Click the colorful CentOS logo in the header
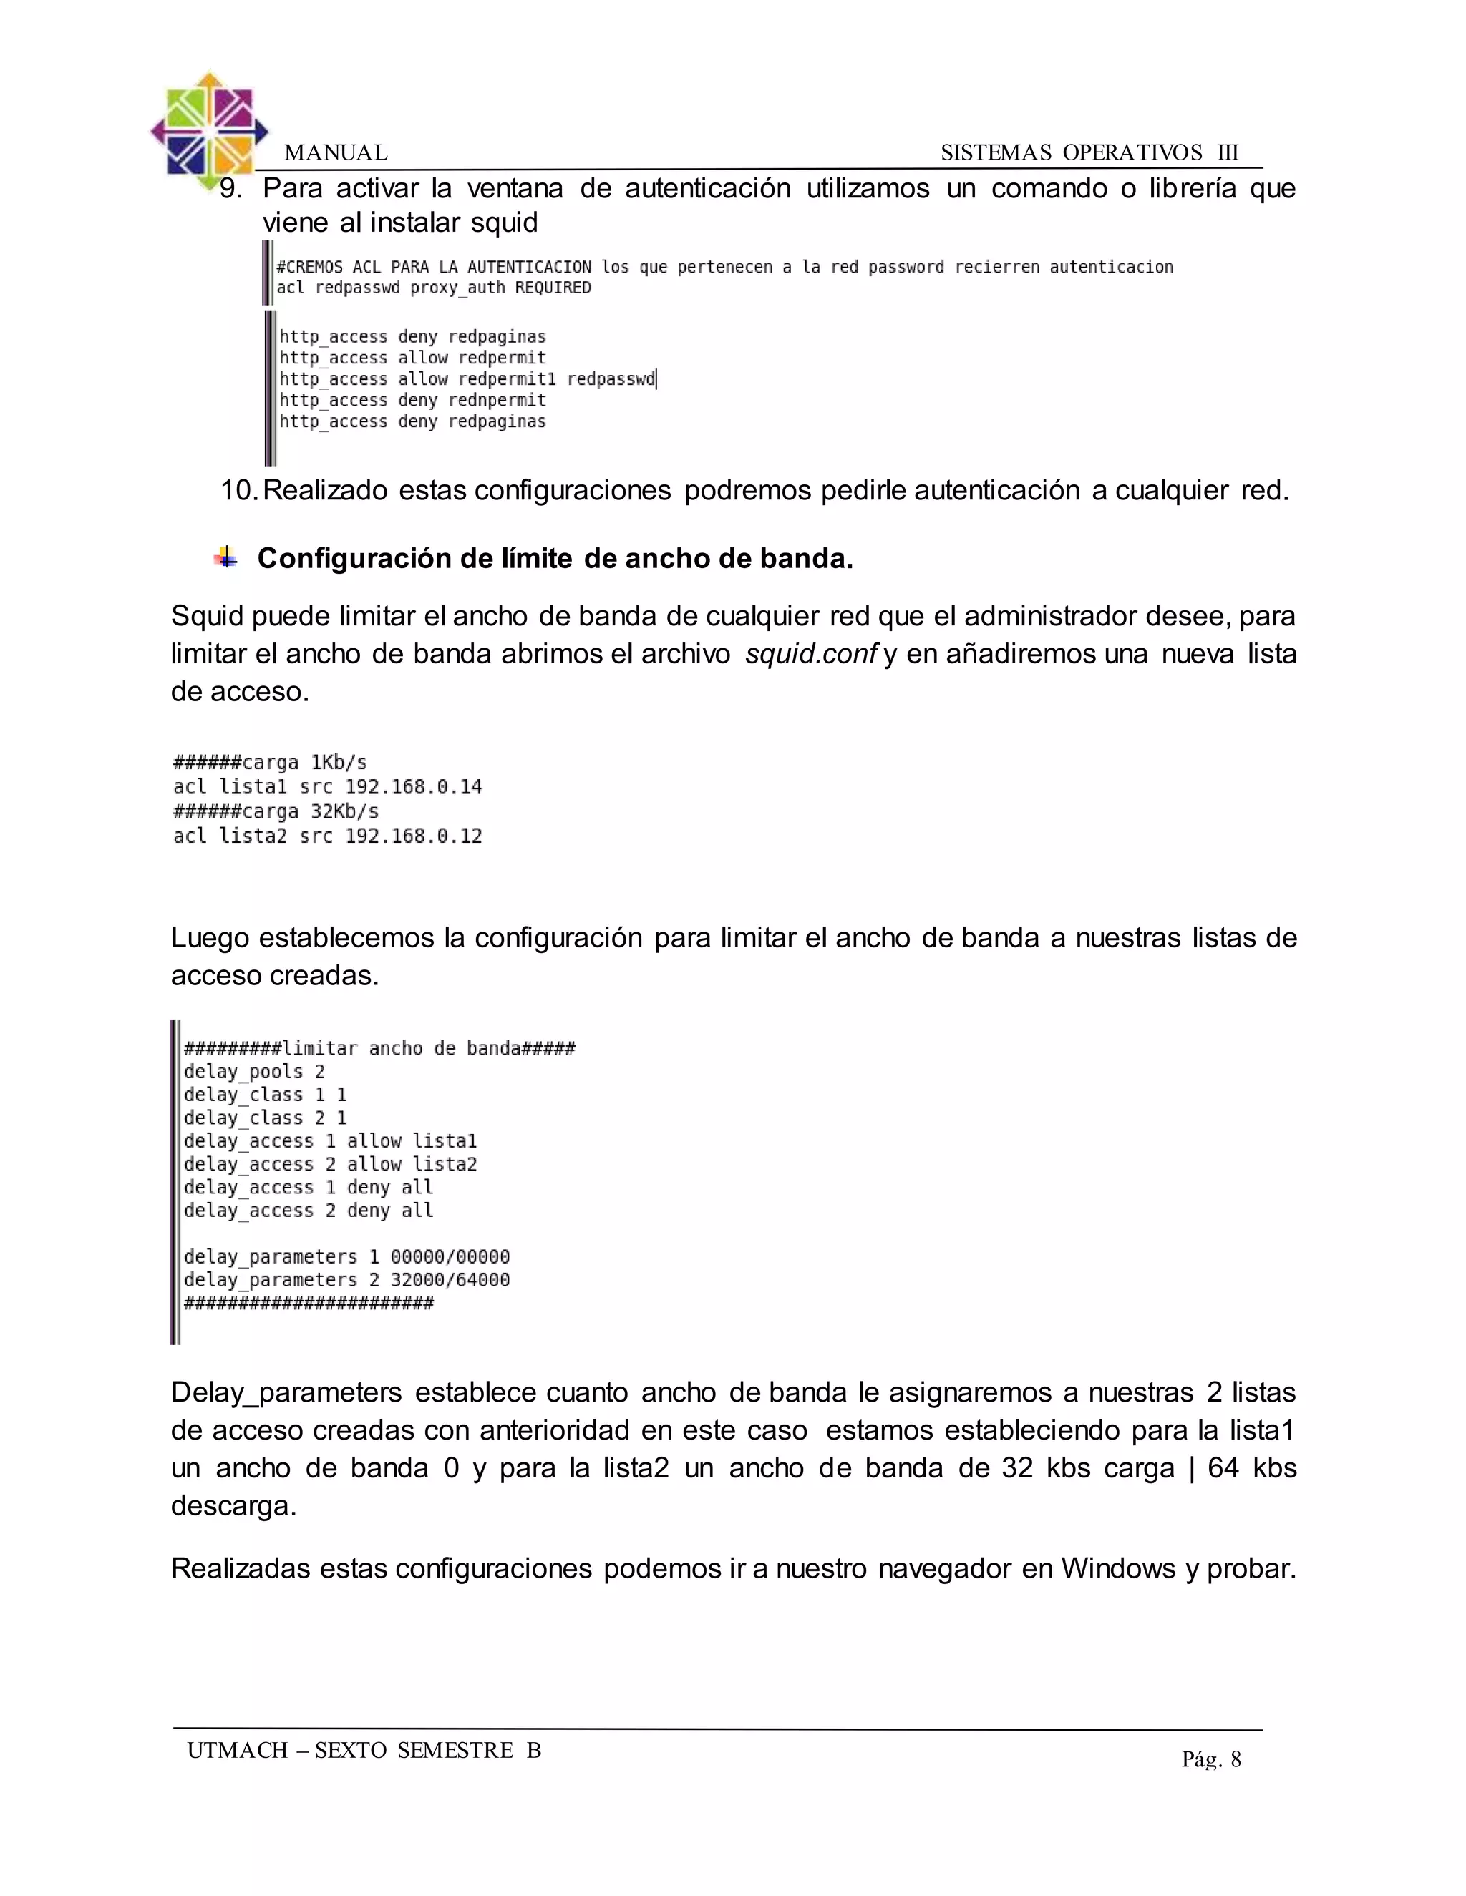(x=208, y=130)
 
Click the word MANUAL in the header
(x=335, y=153)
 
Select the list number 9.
(x=231, y=188)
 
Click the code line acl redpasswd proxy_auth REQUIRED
(x=433, y=288)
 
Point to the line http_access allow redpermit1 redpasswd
(x=467, y=379)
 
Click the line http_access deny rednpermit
(x=412, y=400)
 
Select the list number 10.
(x=238, y=491)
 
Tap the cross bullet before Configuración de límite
(x=225, y=557)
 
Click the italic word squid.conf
(x=810, y=654)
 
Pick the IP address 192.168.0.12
(x=414, y=836)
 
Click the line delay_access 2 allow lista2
(x=330, y=1164)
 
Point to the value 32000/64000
(x=450, y=1281)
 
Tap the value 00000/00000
(x=450, y=1257)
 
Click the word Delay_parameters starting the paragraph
(x=286, y=1393)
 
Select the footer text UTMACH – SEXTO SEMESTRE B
(x=364, y=1750)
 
